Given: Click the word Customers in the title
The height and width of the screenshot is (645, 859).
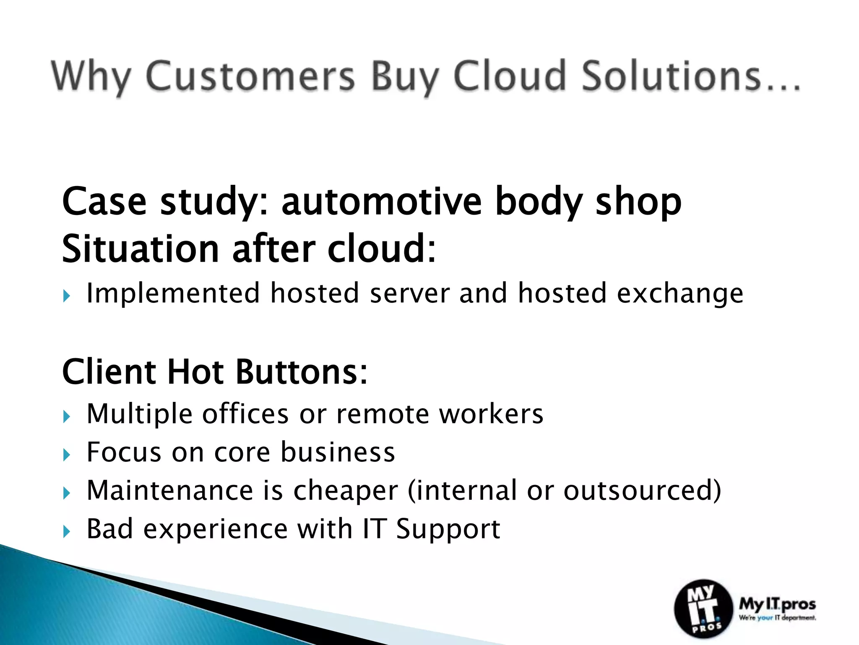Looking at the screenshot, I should click(250, 76).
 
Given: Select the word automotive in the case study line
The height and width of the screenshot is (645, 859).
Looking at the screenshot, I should click(381, 202).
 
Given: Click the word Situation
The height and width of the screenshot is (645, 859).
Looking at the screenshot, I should click(141, 249).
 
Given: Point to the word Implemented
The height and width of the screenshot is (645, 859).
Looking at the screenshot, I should click(173, 294).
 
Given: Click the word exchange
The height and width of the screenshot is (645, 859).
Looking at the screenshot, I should click(680, 294).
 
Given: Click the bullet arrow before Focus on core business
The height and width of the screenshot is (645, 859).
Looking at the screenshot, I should click(66, 455).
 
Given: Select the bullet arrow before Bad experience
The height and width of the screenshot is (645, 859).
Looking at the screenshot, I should click(66, 532).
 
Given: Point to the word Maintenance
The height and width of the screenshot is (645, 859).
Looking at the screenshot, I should click(169, 490).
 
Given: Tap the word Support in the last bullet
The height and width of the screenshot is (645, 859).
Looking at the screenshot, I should click(448, 529).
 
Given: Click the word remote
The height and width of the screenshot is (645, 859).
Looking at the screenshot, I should click(383, 414).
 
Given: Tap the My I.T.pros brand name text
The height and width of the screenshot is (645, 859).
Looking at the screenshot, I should click(777, 604).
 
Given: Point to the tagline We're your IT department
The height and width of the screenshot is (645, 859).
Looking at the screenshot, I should click(777, 618).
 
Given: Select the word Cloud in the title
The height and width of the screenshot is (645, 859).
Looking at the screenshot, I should click(510, 76).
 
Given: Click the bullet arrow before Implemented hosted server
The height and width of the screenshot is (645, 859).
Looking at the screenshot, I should click(66, 296).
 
